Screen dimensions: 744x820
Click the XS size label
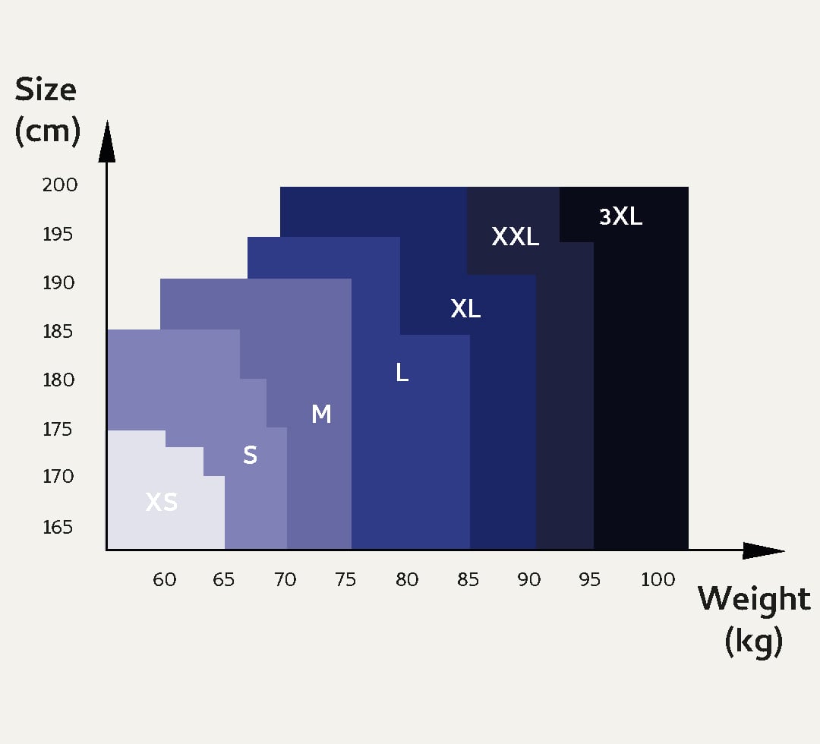pos(161,502)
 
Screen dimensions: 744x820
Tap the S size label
pos(250,455)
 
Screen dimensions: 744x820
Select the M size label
pos(321,414)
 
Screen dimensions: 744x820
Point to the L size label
pos(402,372)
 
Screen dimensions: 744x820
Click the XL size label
pos(465,309)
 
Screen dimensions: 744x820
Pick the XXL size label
pos(515,237)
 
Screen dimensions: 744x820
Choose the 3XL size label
pos(620,217)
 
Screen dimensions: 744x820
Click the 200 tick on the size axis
pos(60,184)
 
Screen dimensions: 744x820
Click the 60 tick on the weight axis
pos(165,580)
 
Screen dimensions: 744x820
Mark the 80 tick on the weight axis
pos(407,580)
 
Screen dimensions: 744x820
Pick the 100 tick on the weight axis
pos(658,580)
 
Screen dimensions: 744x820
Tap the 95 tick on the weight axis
pos(589,580)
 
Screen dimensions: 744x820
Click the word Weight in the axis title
pos(754,600)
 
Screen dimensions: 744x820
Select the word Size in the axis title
pos(46,90)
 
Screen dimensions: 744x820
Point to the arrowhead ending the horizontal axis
pos(762,550)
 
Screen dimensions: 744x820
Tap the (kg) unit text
pos(753,642)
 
